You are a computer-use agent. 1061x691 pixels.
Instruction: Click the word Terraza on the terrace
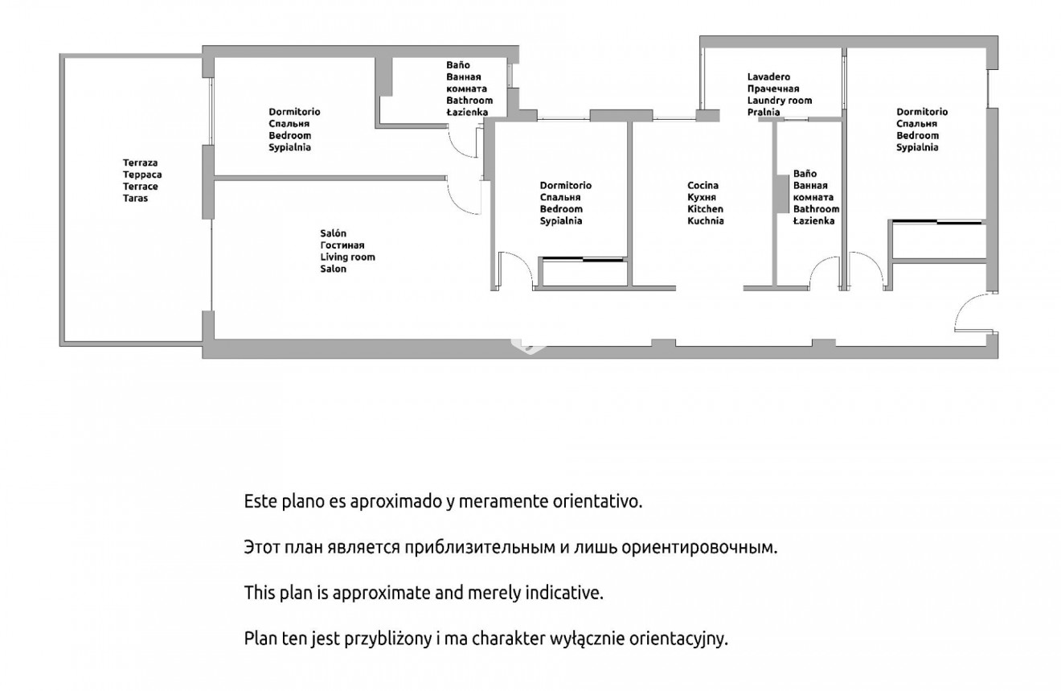click(x=140, y=162)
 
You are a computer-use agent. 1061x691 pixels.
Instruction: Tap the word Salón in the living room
click(x=333, y=233)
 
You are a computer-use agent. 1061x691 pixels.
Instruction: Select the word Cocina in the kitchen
click(x=703, y=185)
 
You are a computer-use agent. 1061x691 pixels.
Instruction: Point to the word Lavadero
click(x=768, y=76)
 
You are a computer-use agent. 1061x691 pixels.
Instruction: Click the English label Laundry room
click(x=780, y=101)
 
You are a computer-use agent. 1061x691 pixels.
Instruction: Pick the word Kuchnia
click(x=706, y=221)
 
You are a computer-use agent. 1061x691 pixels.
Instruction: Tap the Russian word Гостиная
click(x=342, y=245)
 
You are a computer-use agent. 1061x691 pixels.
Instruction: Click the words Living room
click(x=348, y=257)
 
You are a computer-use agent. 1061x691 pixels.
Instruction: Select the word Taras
click(x=136, y=198)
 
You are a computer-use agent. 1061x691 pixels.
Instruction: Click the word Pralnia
click(x=764, y=113)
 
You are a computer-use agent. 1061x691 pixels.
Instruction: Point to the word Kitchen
click(x=705, y=209)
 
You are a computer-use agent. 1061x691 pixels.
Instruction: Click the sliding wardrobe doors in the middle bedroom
click(x=582, y=259)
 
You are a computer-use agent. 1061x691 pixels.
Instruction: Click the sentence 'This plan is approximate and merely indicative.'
click(x=424, y=593)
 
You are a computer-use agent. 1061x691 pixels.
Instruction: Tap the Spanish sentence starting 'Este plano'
click(x=443, y=501)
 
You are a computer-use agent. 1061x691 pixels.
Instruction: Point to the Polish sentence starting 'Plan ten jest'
click(x=485, y=639)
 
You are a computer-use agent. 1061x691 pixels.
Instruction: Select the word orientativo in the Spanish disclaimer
click(x=597, y=501)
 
